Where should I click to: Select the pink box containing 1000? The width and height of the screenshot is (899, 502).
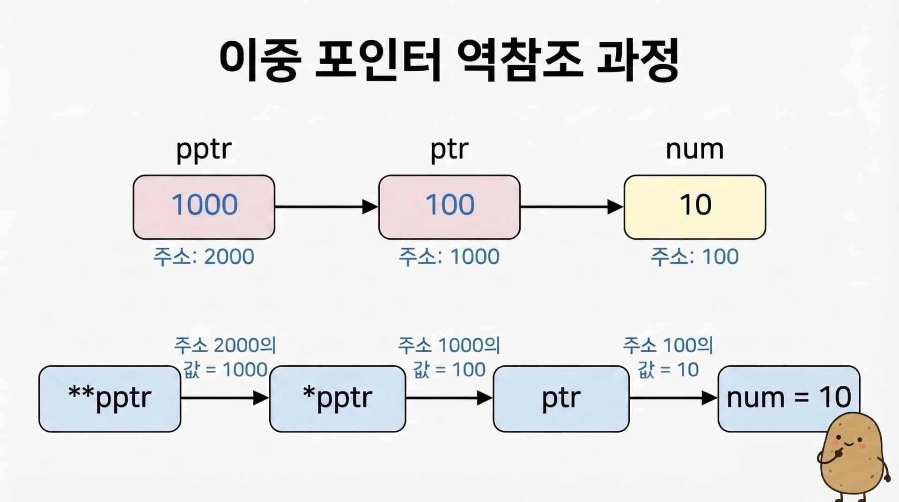pyautogui.click(x=204, y=207)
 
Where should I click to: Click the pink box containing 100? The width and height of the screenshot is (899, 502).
pyautogui.click(x=449, y=207)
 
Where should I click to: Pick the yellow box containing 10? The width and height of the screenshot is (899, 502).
pyautogui.click(x=695, y=207)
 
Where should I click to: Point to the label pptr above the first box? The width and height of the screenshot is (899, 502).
pyautogui.click(x=204, y=150)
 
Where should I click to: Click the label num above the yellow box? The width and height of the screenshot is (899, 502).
pyautogui.click(x=695, y=150)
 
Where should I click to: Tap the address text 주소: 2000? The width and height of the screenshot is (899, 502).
pyautogui.click(x=204, y=257)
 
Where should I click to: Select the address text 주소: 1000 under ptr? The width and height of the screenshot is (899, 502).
pyautogui.click(x=449, y=257)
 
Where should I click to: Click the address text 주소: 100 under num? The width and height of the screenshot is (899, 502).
pyautogui.click(x=695, y=257)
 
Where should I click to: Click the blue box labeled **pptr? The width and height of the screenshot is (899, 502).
pyautogui.click(x=110, y=399)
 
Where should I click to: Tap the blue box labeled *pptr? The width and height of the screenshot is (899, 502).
pyautogui.click(x=338, y=399)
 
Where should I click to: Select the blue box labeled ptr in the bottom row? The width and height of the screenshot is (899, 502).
pyautogui.click(x=561, y=399)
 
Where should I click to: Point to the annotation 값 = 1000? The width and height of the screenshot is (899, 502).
pyautogui.click(x=225, y=370)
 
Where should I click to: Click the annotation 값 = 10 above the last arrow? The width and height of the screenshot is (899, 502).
pyautogui.click(x=668, y=370)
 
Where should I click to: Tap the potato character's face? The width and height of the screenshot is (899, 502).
pyautogui.click(x=849, y=443)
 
